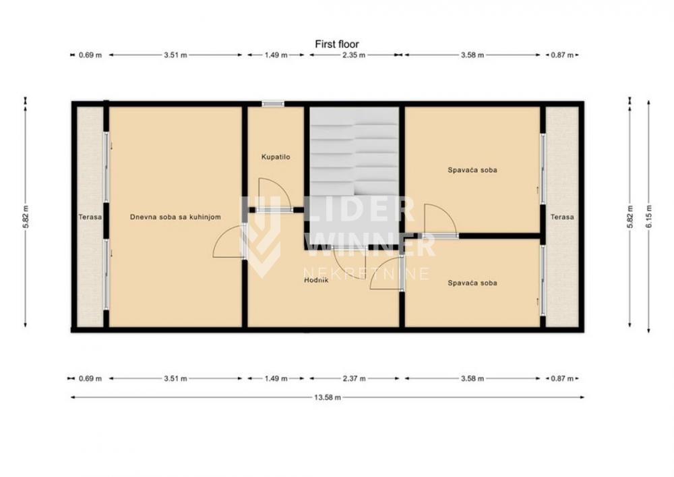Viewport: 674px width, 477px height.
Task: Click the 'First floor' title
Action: coord(336,44)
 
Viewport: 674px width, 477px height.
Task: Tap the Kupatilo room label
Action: coord(276,157)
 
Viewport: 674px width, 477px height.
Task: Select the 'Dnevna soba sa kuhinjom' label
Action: coord(175,217)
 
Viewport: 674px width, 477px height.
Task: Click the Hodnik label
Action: coord(316,280)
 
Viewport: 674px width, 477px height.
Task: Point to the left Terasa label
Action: coord(90,217)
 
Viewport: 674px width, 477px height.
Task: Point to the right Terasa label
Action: coord(562,217)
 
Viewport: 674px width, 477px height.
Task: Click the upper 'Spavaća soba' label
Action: coord(472,170)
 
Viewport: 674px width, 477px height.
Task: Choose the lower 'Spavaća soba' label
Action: coord(472,283)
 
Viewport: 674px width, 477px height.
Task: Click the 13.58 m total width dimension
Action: coord(328,397)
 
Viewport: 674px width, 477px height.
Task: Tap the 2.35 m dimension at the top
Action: coord(354,55)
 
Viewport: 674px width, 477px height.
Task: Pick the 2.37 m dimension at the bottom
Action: coord(354,378)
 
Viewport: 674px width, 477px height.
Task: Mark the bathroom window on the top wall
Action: coord(273,104)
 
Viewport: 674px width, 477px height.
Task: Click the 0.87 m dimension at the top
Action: coord(562,55)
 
